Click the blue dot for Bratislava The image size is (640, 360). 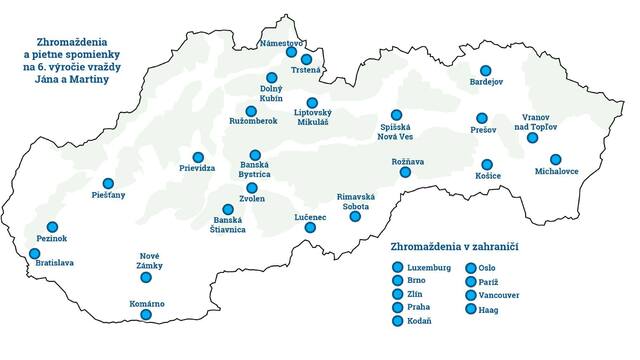click(35, 254)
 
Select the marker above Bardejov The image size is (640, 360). click(486, 71)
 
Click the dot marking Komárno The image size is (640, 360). click(146, 315)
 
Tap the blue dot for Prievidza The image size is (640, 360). click(198, 157)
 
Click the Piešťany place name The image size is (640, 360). click(108, 195)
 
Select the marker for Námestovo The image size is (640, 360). click(291, 52)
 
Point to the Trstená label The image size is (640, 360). click(306, 69)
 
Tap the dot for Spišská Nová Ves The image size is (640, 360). click(396, 115)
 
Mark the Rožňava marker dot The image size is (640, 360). click(405, 172)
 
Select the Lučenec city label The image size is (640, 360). click(310, 216)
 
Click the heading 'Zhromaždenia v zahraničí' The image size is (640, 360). click(460, 245)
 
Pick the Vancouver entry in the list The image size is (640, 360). click(499, 296)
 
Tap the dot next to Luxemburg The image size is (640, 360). click(398, 268)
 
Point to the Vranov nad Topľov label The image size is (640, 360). click(532, 122)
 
